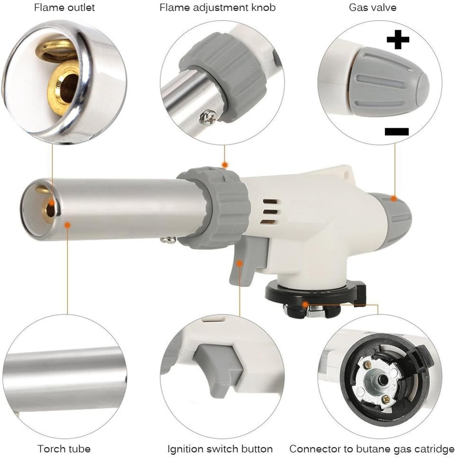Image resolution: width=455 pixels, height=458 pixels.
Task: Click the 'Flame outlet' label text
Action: coord(65,8)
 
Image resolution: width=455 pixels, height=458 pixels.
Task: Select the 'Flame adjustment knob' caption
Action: coord(217,8)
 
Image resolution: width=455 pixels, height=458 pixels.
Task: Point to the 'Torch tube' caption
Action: coord(64,448)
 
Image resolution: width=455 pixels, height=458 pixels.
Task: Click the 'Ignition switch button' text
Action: coord(220,448)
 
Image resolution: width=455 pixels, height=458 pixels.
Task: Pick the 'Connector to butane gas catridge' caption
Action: coord(371,448)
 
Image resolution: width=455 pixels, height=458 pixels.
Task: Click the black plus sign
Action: coord(397,40)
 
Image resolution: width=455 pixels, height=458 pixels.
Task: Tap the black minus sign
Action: coord(396,132)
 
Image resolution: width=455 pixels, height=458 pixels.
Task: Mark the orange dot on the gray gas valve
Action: coord(393,198)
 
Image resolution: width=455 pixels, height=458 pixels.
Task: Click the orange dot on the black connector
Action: coord(305,304)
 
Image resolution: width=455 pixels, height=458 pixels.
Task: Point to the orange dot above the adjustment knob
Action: coord(224,164)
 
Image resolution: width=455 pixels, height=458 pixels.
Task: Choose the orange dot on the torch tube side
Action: coord(67,224)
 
